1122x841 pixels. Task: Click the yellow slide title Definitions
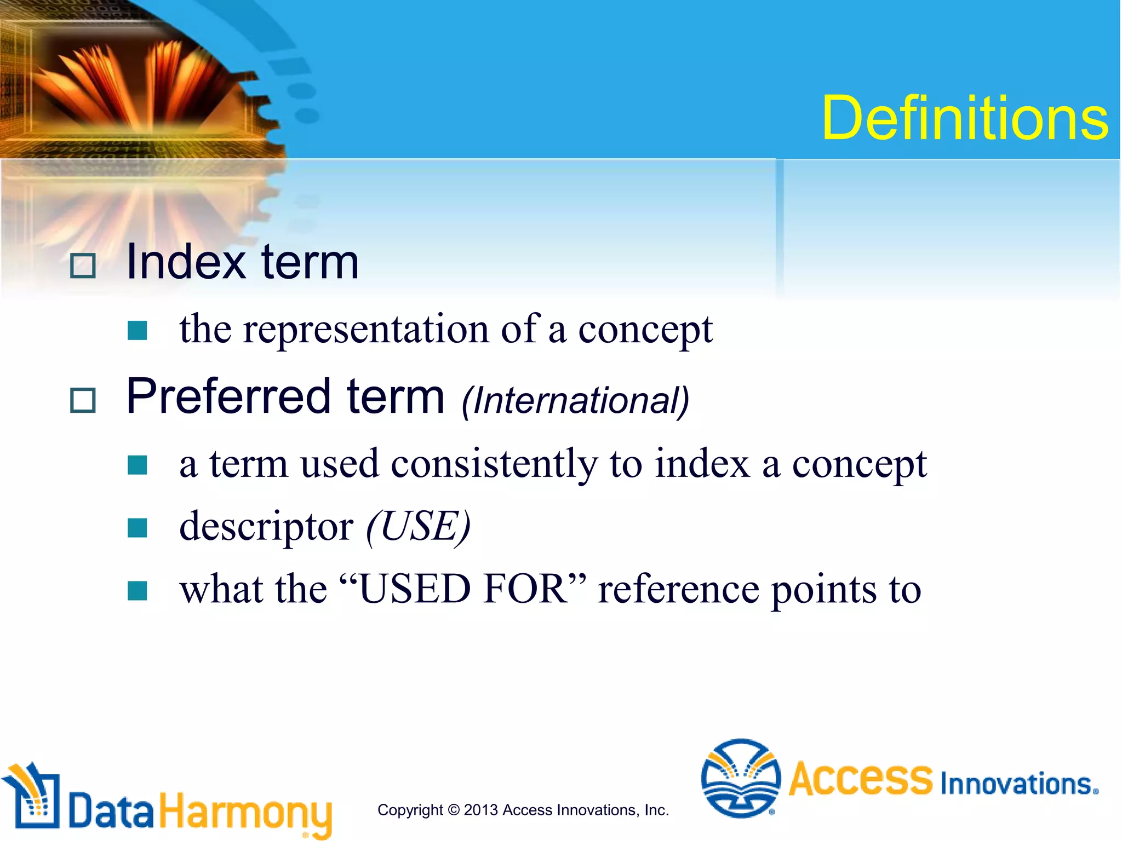tap(964, 118)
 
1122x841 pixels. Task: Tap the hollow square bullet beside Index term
tap(83, 266)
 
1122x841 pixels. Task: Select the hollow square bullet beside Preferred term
tap(83, 400)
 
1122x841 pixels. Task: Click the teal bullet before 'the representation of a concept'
tap(137, 331)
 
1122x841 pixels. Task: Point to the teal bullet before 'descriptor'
tap(137, 528)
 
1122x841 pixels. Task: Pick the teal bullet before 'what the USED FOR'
tap(137, 591)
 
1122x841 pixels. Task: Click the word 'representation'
tap(365, 330)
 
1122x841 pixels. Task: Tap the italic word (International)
tap(575, 401)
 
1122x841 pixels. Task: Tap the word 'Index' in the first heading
tap(186, 263)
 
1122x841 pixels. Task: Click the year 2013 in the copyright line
tap(480, 810)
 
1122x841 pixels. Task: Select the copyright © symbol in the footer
tap(453, 810)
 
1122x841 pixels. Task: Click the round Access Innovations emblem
tap(741, 778)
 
